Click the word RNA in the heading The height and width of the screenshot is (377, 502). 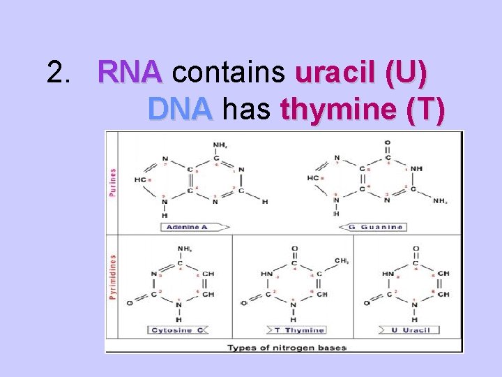click(x=130, y=72)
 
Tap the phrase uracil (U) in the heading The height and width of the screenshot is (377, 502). click(x=362, y=72)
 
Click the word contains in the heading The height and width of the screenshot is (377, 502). click(x=229, y=72)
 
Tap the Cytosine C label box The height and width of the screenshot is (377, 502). click(x=178, y=330)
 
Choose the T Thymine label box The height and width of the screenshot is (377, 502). click(x=297, y=330)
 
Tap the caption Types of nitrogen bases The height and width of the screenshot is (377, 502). click(x=287, y=347)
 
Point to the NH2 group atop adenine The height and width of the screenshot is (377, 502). click(x=220, y=145)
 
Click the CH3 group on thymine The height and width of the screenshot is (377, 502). click(x=342, y=260)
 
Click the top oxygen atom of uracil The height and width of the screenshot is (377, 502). click(x=416, y=248)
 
